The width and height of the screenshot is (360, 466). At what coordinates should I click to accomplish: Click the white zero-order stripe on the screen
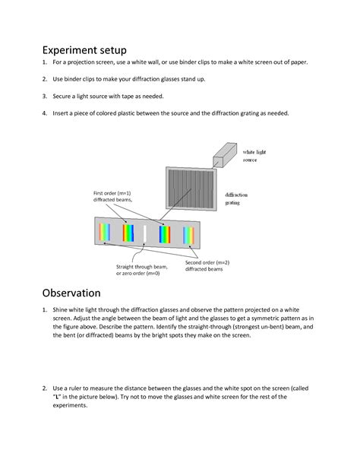point(144,233)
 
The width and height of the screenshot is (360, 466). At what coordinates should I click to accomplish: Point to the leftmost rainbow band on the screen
point(103,233)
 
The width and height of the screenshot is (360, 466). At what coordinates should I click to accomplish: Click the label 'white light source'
point(254,157)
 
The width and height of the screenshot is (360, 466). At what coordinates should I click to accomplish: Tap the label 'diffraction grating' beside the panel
point(237,199)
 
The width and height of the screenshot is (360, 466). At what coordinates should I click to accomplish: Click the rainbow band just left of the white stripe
point(128,233)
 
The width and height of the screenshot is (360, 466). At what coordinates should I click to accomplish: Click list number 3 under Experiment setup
point(44,96)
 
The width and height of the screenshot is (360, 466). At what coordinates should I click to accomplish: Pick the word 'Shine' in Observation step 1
point(62,311)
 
